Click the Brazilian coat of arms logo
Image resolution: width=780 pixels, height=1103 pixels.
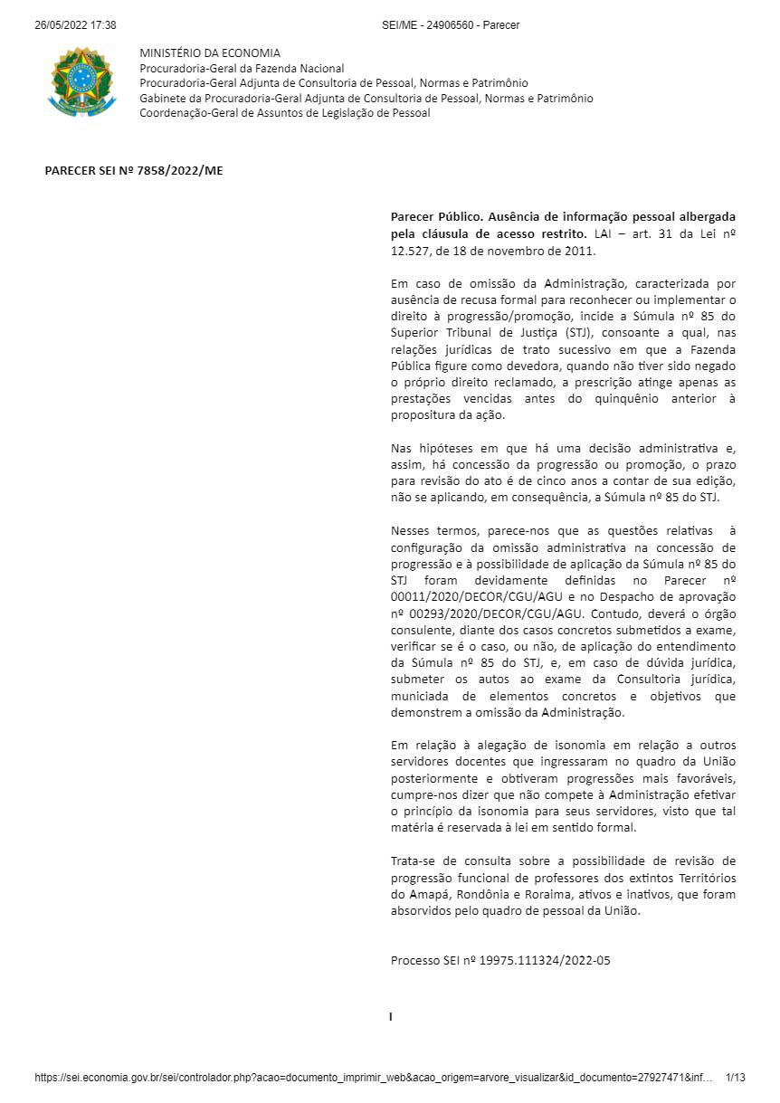tap(82, 82)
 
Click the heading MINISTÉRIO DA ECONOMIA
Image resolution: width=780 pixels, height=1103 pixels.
tap(210, 53)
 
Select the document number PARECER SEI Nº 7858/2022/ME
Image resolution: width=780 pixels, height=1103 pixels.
tap(134, 169)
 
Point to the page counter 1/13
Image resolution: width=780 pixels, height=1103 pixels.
tap(735, 1078)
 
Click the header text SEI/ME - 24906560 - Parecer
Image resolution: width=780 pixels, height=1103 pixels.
tap(451, 25)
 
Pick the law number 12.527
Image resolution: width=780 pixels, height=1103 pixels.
tap(412, 251)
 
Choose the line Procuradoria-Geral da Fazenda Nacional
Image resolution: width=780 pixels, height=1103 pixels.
tap(242, 69)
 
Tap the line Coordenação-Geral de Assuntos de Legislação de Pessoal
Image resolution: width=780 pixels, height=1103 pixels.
tap(284, 113)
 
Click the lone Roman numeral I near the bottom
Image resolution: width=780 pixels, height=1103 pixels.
tap(391, 1017)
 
